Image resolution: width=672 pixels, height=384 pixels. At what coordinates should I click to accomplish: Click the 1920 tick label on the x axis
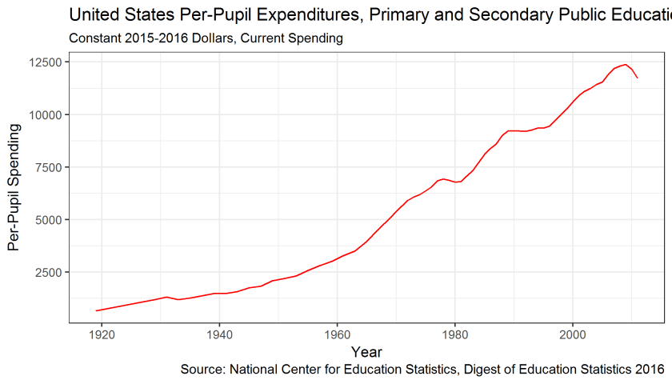pyautogui.click(x=101, y=334)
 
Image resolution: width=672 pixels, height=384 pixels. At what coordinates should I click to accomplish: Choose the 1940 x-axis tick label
pyautogui.click(x=219, y=334)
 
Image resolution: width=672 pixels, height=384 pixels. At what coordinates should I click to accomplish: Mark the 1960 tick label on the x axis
pyautogui.click(x=337, y=334)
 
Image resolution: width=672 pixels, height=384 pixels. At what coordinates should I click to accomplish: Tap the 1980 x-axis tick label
pyautogui.click(x=454, y=334)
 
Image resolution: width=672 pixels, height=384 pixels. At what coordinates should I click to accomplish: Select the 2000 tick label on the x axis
pyautogui.click(x=573, y=334)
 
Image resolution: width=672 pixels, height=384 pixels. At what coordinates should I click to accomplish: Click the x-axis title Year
pyautogui.click(x=366, y=352)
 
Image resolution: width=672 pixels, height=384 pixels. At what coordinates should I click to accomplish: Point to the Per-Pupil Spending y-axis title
pyautogui.click(x=14, y=187)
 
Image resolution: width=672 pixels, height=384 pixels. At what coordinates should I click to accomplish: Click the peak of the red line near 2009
pyautogui.click(x=626, y=65)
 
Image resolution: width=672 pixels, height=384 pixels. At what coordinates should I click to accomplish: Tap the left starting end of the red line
pyautogui.click(x=96, y=310)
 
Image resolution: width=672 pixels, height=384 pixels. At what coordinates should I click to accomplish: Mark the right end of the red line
pyautogui.click(x=638, y=78)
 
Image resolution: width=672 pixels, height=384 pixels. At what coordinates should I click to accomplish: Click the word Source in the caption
pyautogui.click(x=202, y=370)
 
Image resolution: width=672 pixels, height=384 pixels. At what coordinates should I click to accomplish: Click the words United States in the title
pyautogui.click(x=113, y=14)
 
